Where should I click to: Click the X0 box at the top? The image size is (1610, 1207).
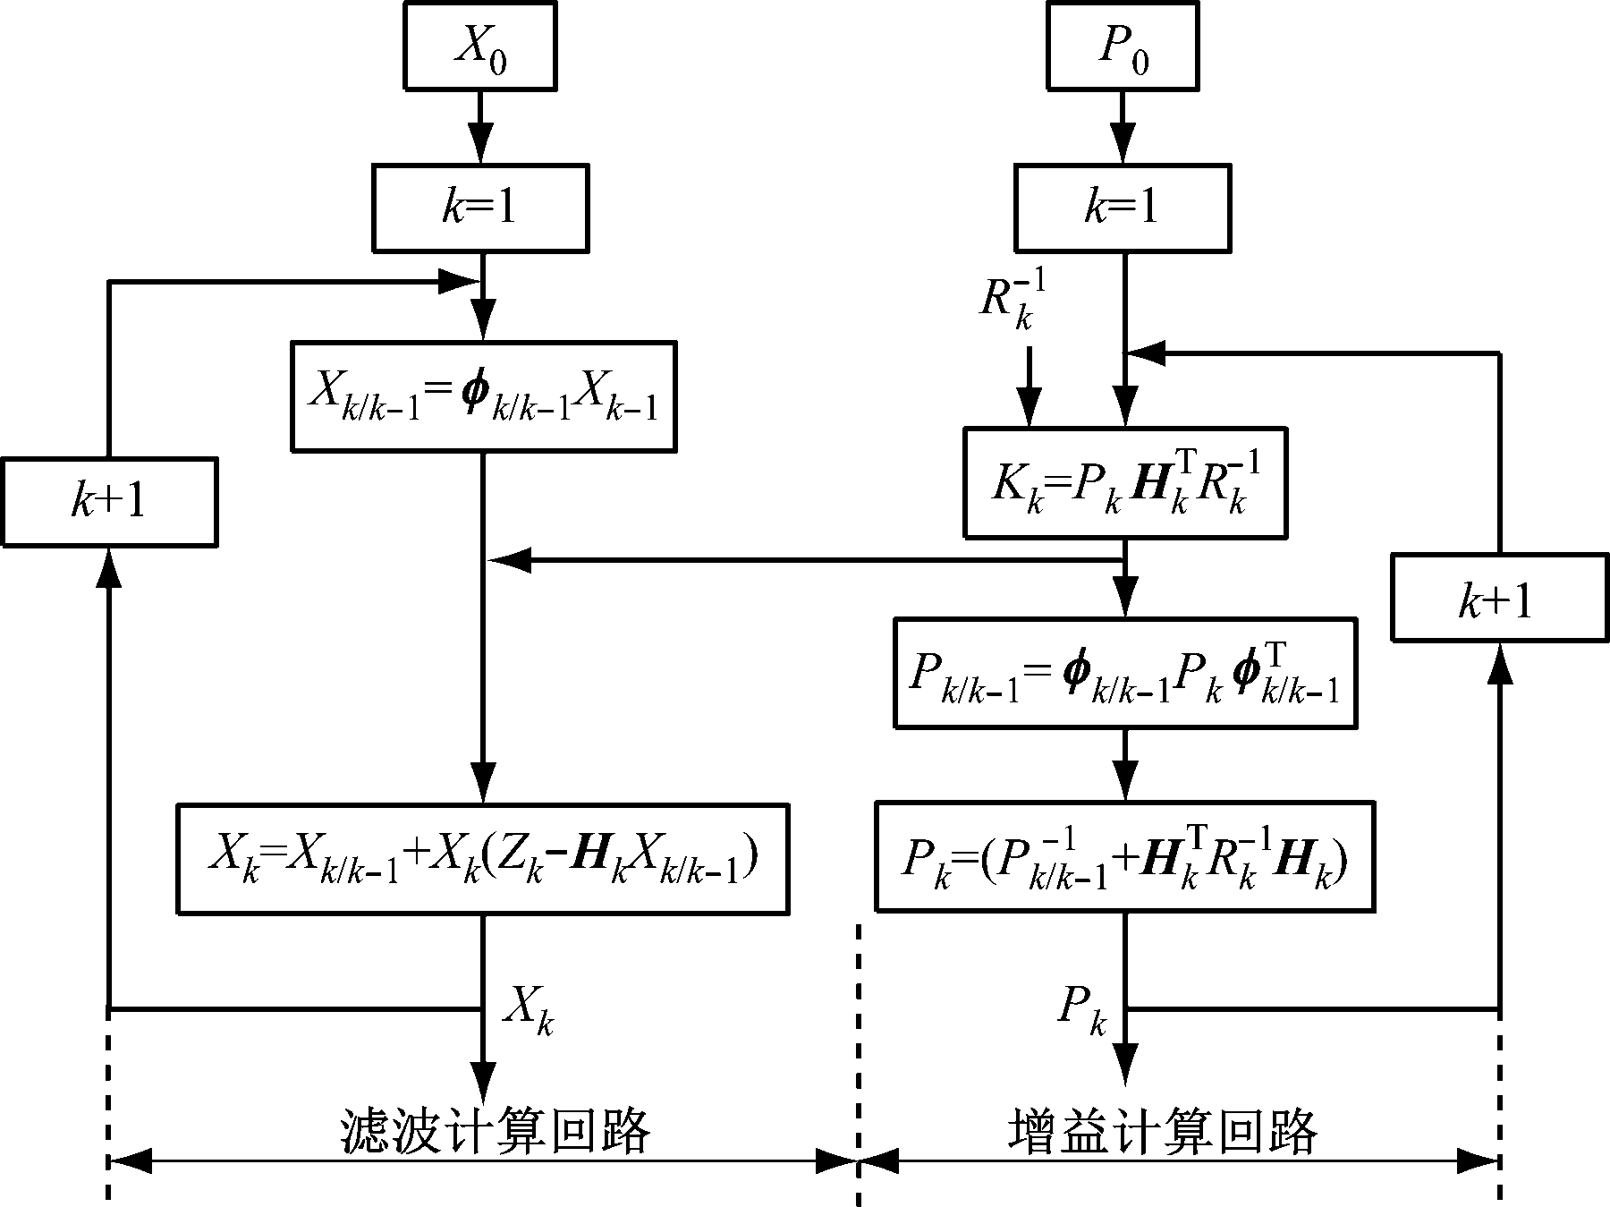[x=480, y=45]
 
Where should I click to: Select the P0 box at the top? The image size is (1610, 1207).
[x=1123, y=45]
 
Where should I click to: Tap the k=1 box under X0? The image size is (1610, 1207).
[x=480, y=208]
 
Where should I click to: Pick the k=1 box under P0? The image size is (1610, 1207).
[x=1123, y=208]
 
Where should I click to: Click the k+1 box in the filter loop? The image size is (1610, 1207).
[x=109, y=502]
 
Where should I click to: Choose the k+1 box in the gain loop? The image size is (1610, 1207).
[x=1499, y=599]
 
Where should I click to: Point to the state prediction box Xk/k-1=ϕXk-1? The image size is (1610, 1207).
[x=483, y=395]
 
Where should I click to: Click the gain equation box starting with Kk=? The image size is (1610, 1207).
[x=1124, y=483]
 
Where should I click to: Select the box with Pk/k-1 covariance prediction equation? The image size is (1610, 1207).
[x=1124, y=673]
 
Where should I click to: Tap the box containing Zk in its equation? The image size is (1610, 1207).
[x=483, y=859]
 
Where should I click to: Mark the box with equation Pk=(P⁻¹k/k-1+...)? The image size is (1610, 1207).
[x=1124, y=857]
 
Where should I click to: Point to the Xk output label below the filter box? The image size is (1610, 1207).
[x=528, y=1011]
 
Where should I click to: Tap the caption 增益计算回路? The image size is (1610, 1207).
[x=1163, y=1132]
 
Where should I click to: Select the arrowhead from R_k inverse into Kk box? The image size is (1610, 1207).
[x=1029, y=411]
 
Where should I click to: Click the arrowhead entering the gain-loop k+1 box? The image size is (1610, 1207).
[x=1499, y=665]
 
